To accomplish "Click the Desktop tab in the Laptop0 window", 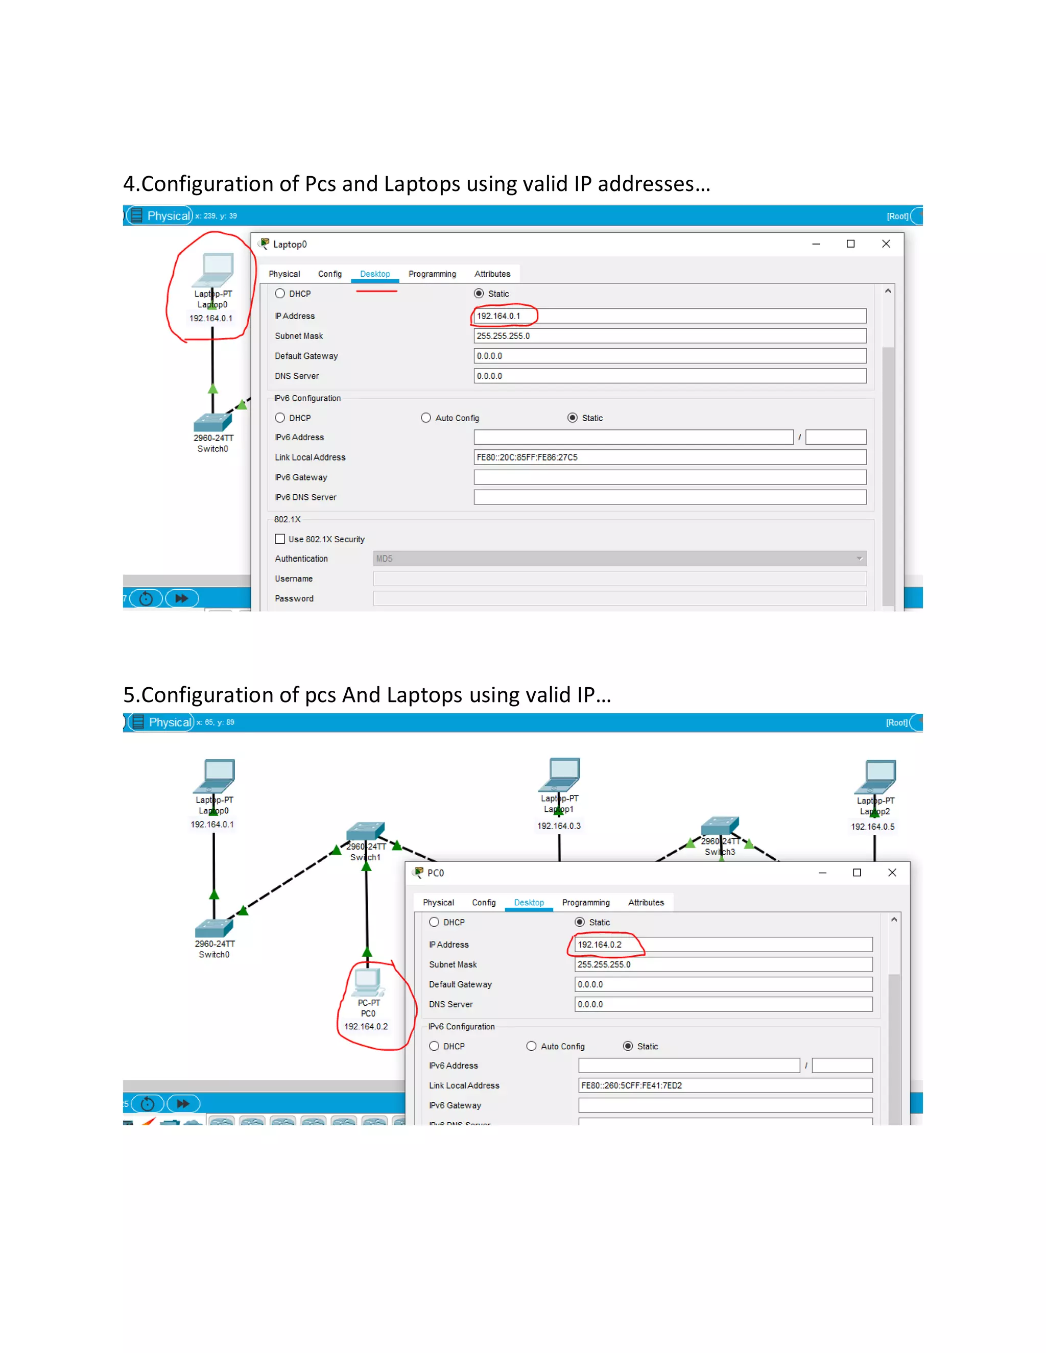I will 375,274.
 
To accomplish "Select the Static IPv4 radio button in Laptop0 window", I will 479,294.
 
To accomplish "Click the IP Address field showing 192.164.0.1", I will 669,316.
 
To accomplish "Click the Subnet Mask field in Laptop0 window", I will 669,336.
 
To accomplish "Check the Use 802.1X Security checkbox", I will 280,539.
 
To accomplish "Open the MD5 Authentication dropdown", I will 619,558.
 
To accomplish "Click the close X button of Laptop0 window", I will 886,244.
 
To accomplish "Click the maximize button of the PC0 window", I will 857,872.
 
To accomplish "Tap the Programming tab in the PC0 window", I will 586,903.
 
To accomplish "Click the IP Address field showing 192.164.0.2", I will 723,944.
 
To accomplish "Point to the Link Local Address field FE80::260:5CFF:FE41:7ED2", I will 725,1085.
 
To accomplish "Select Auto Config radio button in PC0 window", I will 531,1046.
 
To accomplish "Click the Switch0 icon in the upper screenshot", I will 212,423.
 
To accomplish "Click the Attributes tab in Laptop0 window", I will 492,274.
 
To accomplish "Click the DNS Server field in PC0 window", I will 723,1004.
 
